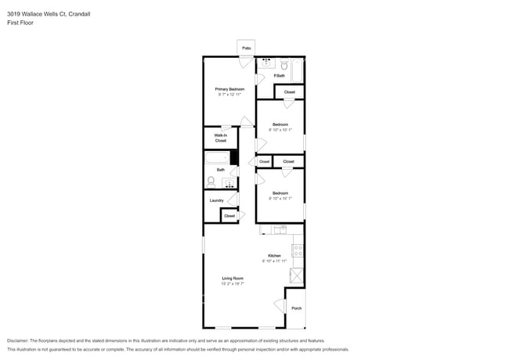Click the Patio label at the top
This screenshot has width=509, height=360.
[246, 49]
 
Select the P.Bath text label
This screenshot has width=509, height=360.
[279, 76]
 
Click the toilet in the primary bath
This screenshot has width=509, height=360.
[285, 64]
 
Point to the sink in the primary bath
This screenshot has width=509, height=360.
[266, 63]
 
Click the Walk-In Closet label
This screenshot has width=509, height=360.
[221, 138]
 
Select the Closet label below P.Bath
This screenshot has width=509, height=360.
[289, 92]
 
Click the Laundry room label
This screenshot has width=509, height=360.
[217, 200]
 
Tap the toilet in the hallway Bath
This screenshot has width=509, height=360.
[211, 182]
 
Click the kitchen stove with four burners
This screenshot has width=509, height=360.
[298, 251]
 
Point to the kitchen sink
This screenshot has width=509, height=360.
[279, 229]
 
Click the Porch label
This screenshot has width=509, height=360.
[296, 308]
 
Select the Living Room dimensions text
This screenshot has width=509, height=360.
[233, 284]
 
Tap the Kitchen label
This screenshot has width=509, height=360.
[274, 256]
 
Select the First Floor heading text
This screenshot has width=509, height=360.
[20, 23]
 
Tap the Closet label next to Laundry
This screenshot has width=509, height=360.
[229, 215]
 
